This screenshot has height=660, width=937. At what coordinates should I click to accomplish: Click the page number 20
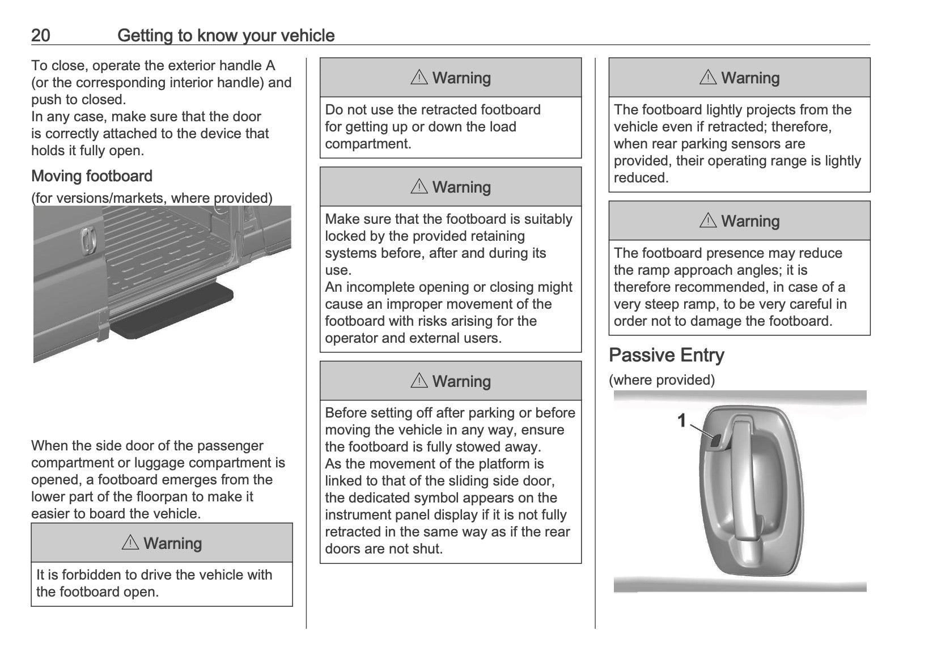tap(40, 36)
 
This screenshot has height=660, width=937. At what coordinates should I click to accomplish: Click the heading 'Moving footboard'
tap(92, 176)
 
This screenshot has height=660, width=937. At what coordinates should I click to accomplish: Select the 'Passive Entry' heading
tap(666, 355)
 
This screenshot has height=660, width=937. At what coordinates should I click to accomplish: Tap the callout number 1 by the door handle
tap(682, 420)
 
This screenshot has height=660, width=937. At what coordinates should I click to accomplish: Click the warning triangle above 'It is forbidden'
tap(130, 543)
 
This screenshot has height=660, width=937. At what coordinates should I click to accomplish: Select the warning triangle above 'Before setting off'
tap(419, 381)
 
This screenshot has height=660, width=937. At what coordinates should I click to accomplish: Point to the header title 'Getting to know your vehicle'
tap(226, 36)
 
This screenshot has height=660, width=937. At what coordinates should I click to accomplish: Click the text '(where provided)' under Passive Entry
tap(662, 380)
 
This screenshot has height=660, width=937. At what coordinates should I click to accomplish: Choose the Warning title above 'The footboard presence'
tap(750, 221)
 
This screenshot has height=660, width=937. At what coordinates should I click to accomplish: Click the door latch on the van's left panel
tap(87, 241)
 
